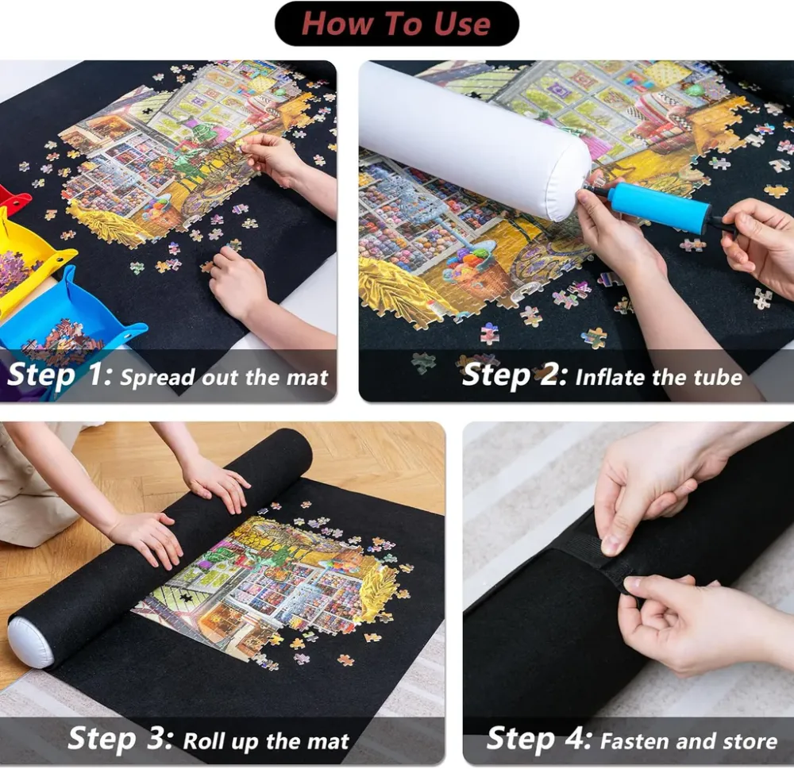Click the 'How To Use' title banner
(x=396, y=24)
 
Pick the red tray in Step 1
(x=13, y=201)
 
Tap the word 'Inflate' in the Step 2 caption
(x=611, y=377)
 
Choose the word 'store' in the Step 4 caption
(x=750, y=742)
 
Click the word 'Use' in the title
(x=462, y=24)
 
